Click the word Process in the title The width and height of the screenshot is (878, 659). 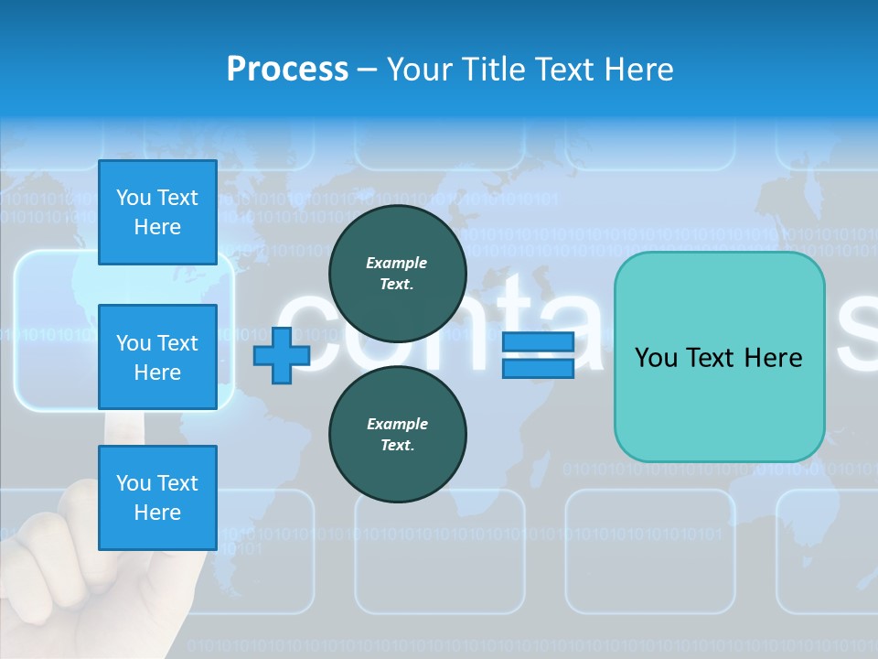pyautogui.click(x=287, y=70)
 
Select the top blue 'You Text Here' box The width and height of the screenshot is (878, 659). pyautogui.click(x=157, y=212)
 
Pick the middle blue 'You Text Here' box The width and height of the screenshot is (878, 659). pyautogui.click(x=157, y=357)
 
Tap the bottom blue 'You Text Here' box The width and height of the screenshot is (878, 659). pyautogui.click(x=157, y=497)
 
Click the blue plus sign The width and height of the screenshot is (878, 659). pyautogui.click(x=281, y=355)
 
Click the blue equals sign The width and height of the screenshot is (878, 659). pyautogui.click(x=538, y=355)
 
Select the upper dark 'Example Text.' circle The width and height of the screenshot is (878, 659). pyautogui.click(x=397, y=274)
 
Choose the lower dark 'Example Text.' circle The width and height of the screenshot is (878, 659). pyautogui.click(x=397, y=435)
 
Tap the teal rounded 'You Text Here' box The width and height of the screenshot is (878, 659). pyautogui.click(x=719, y=356)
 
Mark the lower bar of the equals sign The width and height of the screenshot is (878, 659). pyautogui.click(x=538, y=368)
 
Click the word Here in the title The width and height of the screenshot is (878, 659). pyautogui.click(x=637, y=70)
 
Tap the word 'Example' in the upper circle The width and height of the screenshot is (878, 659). pyautogui.click(x=397, y=263)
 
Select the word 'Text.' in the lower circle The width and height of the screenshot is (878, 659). pyautogui.click(x=397, y=446)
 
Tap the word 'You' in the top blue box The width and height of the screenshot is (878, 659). pyautogui.click(x=134, y=198)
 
